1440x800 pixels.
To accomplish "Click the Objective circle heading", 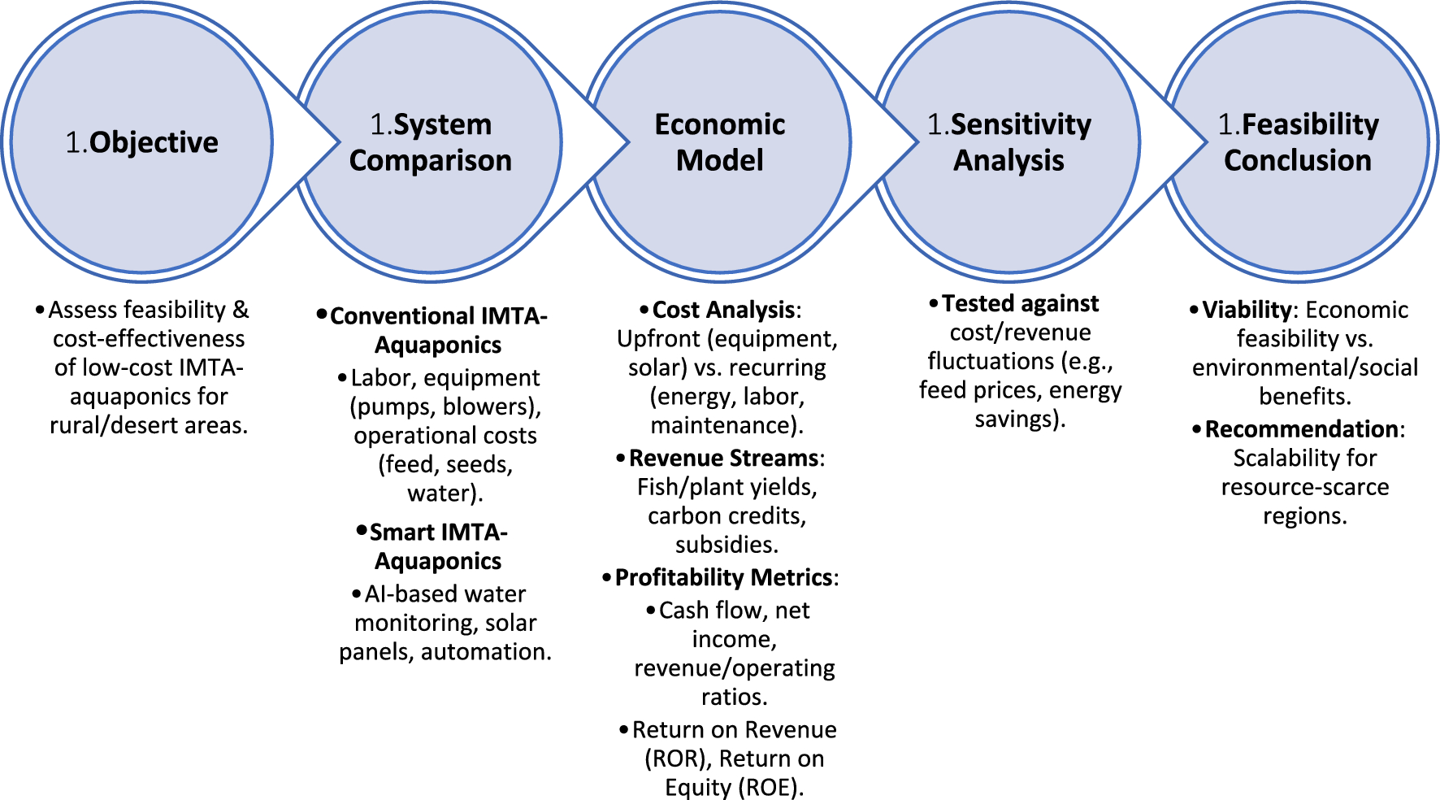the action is [141, 142].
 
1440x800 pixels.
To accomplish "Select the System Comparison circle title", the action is [431, 142].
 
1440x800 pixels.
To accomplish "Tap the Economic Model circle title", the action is [720, 142].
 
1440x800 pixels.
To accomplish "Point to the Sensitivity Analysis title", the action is [1009, 142].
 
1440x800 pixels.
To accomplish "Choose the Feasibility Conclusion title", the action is [1298, 142].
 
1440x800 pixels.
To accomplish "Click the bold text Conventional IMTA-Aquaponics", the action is [439, 330].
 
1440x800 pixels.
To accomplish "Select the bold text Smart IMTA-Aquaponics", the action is [439, 546].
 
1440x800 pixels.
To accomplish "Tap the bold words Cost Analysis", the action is [724, 310].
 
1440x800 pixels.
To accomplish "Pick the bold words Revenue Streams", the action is [724, 458].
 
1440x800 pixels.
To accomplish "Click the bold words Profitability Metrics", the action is [724, 577].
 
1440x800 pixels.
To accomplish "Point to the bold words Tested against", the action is [1021, 303].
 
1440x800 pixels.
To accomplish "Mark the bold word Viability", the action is [1247, 310].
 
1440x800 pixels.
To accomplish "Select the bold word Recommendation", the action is [1302, 428].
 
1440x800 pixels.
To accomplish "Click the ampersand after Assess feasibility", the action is [241, 310].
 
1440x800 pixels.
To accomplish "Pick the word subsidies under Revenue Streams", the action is [727, 545].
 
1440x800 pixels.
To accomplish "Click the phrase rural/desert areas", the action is [149, 425].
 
